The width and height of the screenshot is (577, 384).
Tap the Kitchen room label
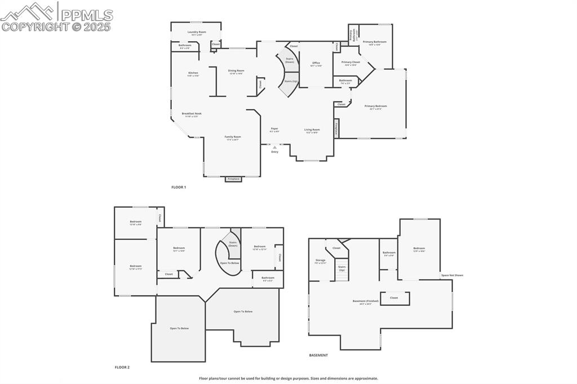click(193, 73)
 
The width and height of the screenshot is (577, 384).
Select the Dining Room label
click(236, 71)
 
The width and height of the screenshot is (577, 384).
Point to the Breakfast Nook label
click(192, 114)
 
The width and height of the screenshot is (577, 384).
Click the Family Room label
click(233, 137)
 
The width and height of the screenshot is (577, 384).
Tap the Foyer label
click(274, 129)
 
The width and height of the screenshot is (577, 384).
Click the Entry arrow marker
click(274, 148)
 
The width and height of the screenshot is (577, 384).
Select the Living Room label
click(312, 130)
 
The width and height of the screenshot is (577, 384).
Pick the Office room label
click(316, 63)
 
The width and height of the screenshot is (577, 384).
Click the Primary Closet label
click(350, 62)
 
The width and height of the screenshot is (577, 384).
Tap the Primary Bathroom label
click(375, 42)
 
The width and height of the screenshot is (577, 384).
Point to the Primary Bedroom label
click(376, 106)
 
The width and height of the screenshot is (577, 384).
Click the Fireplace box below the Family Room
click(233, 179)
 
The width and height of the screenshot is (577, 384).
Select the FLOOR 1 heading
click(179, 187)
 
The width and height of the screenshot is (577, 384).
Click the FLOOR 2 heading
click(122, 367)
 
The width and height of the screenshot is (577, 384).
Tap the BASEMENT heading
click(318, 355)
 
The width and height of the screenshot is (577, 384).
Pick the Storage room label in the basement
click(321, 261)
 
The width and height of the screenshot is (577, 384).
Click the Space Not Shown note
click(452, 275)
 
